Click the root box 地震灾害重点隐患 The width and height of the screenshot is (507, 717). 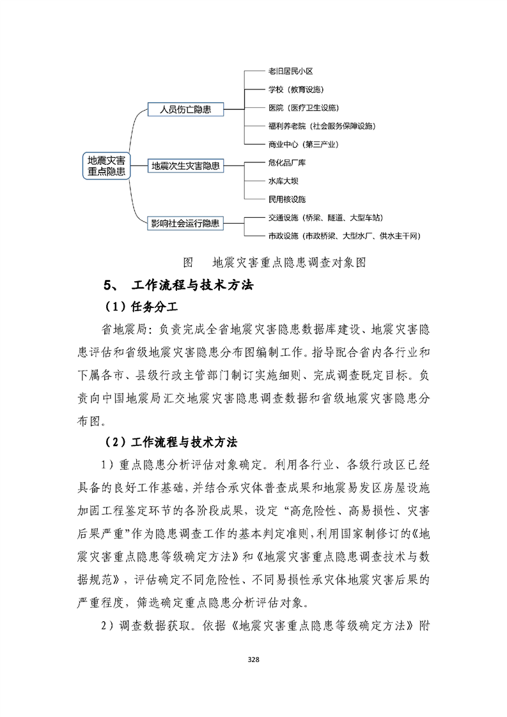tap(106, 166)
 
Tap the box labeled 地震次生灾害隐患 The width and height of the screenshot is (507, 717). tap(186, 166)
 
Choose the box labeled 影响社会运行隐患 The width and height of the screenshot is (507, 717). tap(185, 223)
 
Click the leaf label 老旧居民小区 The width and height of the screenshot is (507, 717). tap(290, 72)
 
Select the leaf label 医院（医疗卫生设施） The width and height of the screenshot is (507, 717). tap(303, 107)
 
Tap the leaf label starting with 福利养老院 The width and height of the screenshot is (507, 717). tap(322, 126)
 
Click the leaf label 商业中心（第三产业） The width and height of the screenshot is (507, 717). tap(303, 144)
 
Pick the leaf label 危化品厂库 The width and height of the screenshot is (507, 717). tap(287, 163)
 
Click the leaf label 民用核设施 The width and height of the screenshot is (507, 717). tap(287, 199)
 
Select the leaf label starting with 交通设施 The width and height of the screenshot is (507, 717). tap(326, 218)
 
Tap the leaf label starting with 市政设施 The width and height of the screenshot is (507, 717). tap(343, 236)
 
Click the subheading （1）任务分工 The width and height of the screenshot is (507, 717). tap(136, 307)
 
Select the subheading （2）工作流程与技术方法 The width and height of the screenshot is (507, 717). tap(171, 442)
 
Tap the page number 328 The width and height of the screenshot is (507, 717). tap(254, 659)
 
